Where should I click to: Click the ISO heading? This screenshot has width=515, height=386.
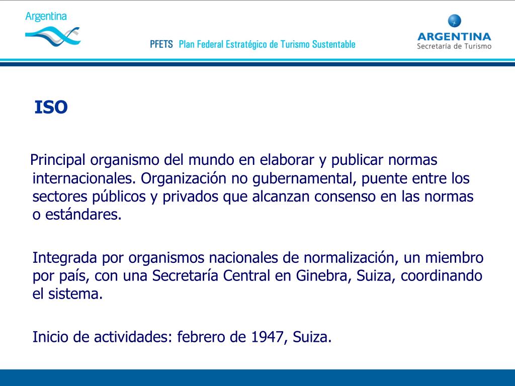point(51,107)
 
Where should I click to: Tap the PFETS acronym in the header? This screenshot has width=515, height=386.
point(161,44)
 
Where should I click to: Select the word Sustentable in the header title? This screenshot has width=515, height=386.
point(333,44)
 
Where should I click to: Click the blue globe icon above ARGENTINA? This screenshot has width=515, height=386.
point(454,21)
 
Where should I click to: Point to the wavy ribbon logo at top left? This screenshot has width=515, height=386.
point(52,36)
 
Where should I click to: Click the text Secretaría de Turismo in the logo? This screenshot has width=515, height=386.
point(454,46)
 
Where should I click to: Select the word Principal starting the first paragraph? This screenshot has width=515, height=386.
point(58,161)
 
